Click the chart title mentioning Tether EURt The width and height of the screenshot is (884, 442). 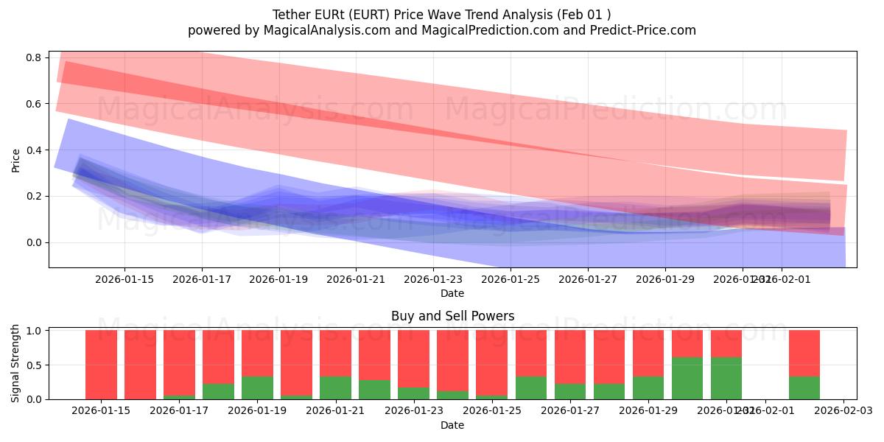pos(441,15)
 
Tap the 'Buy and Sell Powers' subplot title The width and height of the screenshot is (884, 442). pos(452,316)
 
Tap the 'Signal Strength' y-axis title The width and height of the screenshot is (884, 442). pos(16,363)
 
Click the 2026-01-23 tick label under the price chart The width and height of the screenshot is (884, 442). pos(433,279)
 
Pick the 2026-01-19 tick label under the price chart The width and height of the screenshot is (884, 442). pos(279,279)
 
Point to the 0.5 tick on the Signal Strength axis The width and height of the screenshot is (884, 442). pos(36,365)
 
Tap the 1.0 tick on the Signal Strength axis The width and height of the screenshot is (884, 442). pos(36,331)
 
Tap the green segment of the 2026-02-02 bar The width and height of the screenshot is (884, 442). pos(804,387)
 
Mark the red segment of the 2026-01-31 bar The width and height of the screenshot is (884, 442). pos(726,343)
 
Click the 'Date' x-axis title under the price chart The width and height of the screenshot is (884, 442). pos(452,293)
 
